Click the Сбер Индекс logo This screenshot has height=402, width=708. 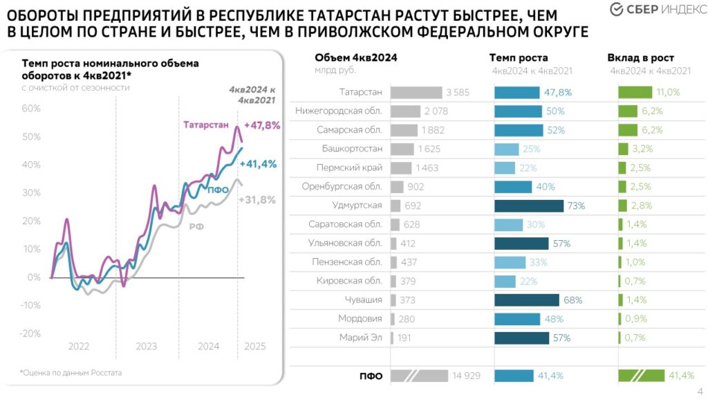[x=657, y=10]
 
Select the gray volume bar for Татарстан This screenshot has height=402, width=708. [x=416, y=93]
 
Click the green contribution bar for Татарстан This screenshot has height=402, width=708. [x=635, y=93]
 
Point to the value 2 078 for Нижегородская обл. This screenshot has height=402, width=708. [x=436, y=111]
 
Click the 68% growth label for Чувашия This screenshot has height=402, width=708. [x=573, y=300]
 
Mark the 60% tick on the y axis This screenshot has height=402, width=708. [x=31, y=109]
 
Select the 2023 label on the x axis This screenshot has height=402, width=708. [x=146, y=346]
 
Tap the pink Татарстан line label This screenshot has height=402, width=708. [x=205, y=125]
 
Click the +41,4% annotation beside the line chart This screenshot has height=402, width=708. [x=258, y=164]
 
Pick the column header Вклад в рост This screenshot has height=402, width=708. [x=640, y=58]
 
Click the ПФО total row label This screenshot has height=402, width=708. [x=371, y=376]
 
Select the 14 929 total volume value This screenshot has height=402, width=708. [x=465, y=376]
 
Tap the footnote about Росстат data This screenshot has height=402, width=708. [x=71, y=372]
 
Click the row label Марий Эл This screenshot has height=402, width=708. [x=360, y=338]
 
